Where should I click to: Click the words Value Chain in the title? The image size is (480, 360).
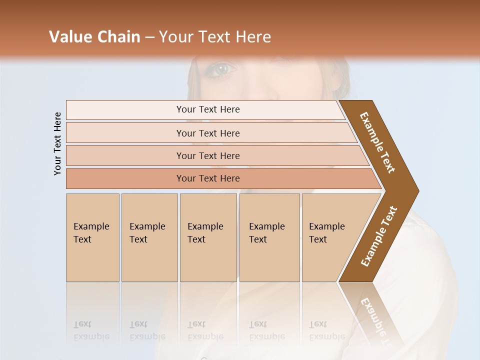94,37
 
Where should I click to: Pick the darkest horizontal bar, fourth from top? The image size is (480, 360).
125,178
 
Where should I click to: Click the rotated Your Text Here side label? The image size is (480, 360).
57,143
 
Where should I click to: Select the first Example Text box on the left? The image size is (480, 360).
92,237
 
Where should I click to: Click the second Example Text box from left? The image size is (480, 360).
149,237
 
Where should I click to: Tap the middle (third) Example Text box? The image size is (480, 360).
208,237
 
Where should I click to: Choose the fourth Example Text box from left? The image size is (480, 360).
269,237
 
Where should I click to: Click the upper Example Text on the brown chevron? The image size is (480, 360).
377,142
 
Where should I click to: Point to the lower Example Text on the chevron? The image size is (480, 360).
379,236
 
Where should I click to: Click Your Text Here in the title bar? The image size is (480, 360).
215,37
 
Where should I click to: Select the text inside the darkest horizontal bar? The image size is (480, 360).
208,178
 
